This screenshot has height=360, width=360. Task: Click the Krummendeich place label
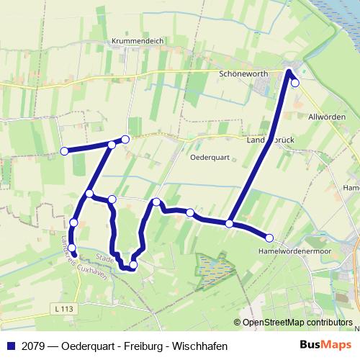click(138, 42)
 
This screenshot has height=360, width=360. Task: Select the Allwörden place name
click(326, 117)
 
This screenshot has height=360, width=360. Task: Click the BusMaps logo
click(326, 345)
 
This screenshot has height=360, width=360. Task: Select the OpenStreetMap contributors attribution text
click(297, 323)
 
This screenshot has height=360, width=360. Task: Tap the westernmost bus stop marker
click(64, 151)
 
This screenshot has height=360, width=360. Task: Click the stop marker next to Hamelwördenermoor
click(269, 238)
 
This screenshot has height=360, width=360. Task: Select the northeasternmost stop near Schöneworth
click(294, 83)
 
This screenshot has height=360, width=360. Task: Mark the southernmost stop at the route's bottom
click(133, 265)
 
